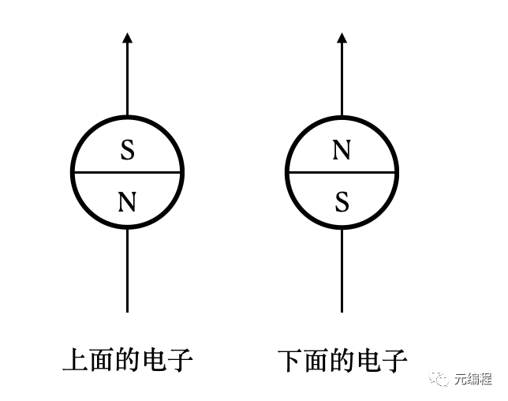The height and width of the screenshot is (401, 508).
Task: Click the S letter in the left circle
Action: [x=127, y=150]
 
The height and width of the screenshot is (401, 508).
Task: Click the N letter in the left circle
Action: [x=127, y=202]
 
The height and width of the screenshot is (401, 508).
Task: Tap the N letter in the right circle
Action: [x=342, y=150]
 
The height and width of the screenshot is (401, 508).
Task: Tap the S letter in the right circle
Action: [x=342, y=202]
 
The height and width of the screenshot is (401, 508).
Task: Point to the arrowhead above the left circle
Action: [x=127, y=37]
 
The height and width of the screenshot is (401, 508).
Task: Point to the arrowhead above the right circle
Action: [x=342, y=37]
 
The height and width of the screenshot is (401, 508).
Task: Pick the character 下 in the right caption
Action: [x=290, y=360]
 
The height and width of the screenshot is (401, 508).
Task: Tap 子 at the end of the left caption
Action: [x=181, y=360]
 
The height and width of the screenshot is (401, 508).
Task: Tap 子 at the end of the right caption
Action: [x=395, y=360]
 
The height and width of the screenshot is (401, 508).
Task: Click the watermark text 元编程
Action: [x=473, y=380]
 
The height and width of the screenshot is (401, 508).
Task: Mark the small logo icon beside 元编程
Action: [x=439, y=380]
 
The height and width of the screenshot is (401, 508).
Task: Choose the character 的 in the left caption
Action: [x=128, y=360]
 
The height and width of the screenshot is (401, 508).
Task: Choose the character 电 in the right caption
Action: [x=369, y=360]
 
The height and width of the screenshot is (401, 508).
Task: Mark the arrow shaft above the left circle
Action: [x=127, y=79]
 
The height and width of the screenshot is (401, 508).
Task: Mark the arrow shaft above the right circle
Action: [x=342, y=79]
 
